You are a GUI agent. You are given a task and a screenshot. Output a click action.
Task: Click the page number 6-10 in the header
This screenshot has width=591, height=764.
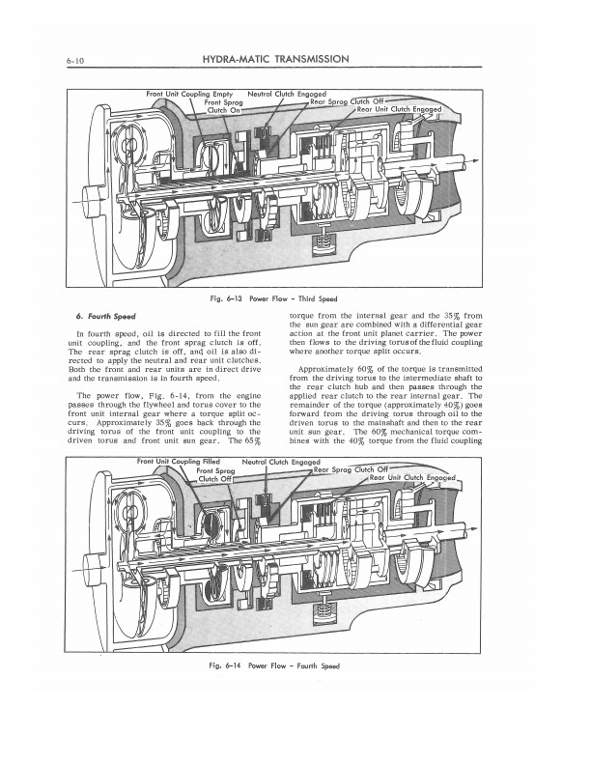[77, 60]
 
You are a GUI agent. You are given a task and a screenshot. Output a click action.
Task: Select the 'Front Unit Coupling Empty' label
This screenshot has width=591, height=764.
[188, 94]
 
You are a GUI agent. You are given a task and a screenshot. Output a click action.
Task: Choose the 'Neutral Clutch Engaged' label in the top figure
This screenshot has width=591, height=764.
[286, 94]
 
